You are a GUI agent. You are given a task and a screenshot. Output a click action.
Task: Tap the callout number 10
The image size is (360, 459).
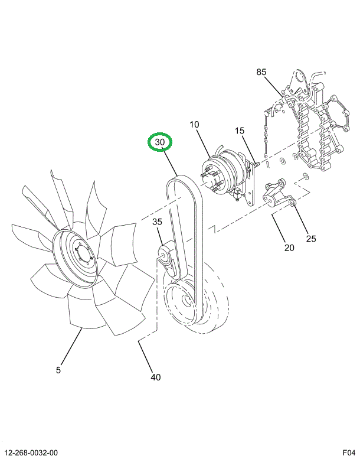(x=194, y=125)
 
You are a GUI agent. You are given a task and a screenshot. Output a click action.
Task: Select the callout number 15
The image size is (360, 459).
(x=239, y=131)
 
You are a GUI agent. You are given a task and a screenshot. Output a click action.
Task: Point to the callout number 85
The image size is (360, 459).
(x=261, y=72)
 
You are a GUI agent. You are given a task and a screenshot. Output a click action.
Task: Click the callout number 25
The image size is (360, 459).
(x=310, y=239)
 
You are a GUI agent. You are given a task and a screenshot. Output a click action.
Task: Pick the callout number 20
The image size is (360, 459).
(x=289, y=248)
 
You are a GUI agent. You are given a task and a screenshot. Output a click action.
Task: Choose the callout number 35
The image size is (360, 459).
(x=157, y=222)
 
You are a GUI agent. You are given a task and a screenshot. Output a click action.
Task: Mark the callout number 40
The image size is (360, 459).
(x=155, y=377)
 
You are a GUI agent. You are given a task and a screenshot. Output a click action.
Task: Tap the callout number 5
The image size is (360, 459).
(x=58, y=370)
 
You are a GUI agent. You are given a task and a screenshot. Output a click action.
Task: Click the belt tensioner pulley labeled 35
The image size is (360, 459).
(x=162, y=255)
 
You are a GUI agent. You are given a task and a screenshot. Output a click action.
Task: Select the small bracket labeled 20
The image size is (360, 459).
(x=274, y=198)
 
